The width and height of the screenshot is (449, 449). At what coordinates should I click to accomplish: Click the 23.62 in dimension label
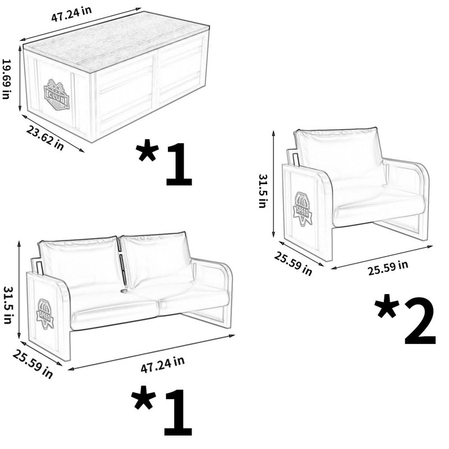pos(45,138)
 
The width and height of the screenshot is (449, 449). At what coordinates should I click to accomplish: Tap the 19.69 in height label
pos(6,79)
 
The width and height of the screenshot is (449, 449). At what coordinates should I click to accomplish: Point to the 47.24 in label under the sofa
pos(162,364)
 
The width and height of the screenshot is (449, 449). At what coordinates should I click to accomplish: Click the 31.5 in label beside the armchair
pos(263,191)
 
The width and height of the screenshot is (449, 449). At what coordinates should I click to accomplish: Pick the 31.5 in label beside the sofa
pos(8,305)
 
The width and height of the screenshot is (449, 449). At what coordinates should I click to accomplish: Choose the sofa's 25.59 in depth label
pos(33,364)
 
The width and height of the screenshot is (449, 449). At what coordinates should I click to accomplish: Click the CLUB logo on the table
pos(57,95)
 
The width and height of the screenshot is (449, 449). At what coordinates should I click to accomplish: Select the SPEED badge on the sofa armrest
pos(45,314)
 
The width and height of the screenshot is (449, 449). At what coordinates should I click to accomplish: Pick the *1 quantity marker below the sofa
pos(162,411)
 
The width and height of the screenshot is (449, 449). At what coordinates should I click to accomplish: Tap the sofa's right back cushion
pos(156,259)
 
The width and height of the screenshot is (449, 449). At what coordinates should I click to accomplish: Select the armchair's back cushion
pos(340,157)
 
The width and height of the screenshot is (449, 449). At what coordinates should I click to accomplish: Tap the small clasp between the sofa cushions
pos(123,290)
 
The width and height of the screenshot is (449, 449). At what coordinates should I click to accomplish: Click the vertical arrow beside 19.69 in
pos(20,78)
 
